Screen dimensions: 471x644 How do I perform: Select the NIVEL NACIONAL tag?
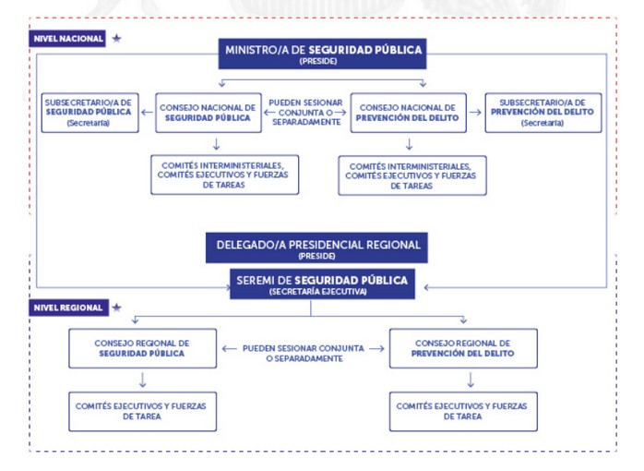68,39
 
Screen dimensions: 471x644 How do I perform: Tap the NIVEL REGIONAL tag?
68,308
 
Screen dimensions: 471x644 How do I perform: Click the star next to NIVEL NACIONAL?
116,39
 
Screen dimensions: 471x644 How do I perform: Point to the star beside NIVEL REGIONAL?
116,308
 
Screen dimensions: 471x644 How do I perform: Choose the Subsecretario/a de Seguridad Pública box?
88,112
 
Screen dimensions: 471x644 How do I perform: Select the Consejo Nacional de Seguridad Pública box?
207,112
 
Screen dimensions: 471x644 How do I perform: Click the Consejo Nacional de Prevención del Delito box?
407,112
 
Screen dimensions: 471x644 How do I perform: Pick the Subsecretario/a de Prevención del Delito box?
543,112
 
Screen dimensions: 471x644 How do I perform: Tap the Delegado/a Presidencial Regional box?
318,248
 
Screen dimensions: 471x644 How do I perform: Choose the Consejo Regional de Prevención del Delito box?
463,348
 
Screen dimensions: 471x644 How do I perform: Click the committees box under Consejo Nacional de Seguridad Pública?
224,174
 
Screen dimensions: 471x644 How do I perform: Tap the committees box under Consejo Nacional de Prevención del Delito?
411,175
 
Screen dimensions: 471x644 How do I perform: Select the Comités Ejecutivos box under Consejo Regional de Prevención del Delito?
463,411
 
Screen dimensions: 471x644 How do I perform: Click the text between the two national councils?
305,112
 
